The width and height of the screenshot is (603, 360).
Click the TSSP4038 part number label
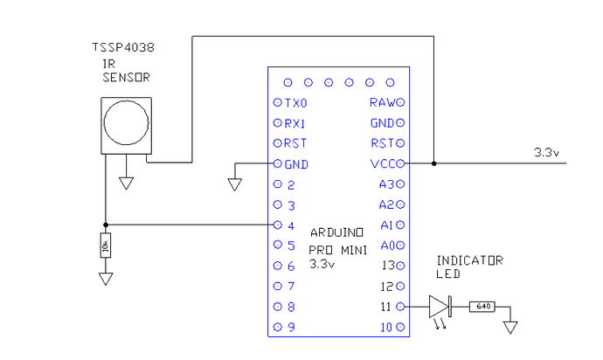click(123, 47)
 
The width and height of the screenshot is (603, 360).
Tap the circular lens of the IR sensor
click(126, 122)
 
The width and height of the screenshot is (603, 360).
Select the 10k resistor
click(106, 246)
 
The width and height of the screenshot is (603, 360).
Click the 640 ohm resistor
click(482, 307)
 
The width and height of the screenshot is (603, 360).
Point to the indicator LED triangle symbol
click(440, 307)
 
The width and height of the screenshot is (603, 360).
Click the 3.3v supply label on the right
click(546, 152)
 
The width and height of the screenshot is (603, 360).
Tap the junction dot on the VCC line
click(433, 163)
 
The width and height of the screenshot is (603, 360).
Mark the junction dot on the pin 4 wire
click(106, 225)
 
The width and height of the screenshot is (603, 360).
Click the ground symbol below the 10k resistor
click(106, 279)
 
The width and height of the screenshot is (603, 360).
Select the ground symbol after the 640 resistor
click(510, 328)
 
